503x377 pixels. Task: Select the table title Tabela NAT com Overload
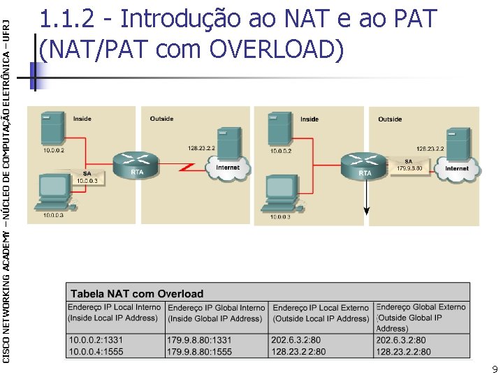(x=136, y=294)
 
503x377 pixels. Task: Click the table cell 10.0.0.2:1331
(x=96, y=339)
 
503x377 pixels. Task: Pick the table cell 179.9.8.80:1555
(x=200, y=352)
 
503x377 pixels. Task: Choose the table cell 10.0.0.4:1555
(x=96, y=352)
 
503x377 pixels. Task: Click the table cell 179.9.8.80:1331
(x=200, y=339)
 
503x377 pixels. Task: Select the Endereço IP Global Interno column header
(x=217, y=313)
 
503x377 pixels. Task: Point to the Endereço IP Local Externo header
(x=321, y=313)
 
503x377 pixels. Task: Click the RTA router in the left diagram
(x=137, y=163)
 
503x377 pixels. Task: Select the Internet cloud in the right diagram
(x=456, y=168)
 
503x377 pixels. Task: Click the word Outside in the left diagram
(x=161, y=119)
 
